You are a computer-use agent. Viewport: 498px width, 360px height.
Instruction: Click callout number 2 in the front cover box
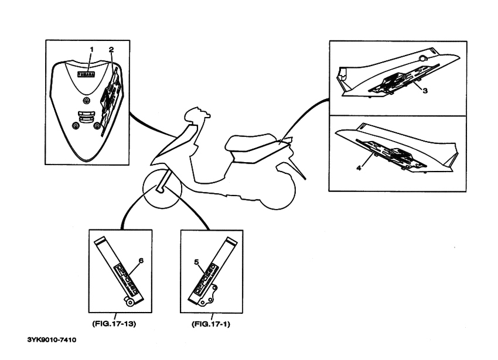coord(111,50)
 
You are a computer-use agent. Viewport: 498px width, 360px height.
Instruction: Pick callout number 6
coord(139,258)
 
